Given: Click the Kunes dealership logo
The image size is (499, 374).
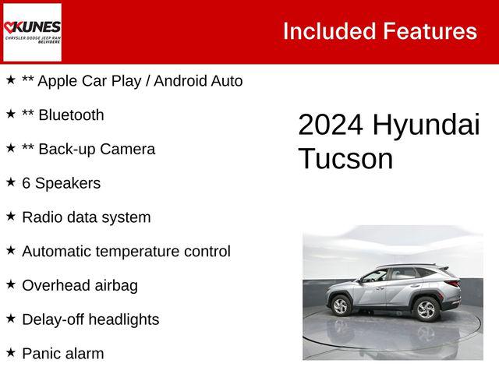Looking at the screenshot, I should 32,31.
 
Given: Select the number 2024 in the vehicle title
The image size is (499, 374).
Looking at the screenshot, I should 331,125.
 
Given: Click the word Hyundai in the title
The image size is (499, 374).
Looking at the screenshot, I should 426,125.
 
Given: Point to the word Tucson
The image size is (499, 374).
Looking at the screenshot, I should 345,159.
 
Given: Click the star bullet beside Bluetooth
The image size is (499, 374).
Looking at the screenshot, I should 11,114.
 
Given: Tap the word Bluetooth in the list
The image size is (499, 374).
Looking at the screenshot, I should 71,115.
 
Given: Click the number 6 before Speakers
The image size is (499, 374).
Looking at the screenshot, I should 27,183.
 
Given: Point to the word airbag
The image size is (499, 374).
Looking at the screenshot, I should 114,285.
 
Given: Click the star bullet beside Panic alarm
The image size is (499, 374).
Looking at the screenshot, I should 11,352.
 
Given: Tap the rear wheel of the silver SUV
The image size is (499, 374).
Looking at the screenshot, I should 426,309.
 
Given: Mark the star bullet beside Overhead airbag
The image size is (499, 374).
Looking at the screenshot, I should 11,284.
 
